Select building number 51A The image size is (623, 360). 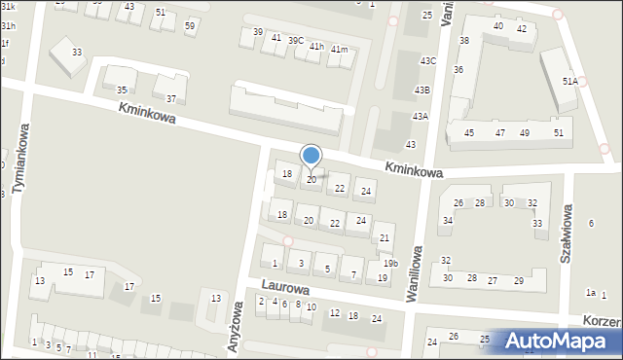[570, 82]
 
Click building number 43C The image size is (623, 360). [427, 61]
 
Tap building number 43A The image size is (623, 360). [420, 116]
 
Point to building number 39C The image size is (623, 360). [295, 40]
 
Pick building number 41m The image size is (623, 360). [339, 50]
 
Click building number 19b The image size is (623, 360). [389, 264]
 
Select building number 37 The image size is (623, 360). [171, 98]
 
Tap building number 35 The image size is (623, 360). [122, 90]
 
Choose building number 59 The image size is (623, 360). [190, 25]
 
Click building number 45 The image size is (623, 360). [469, 132]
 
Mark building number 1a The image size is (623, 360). [590, 292]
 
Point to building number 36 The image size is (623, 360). [458, 70]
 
